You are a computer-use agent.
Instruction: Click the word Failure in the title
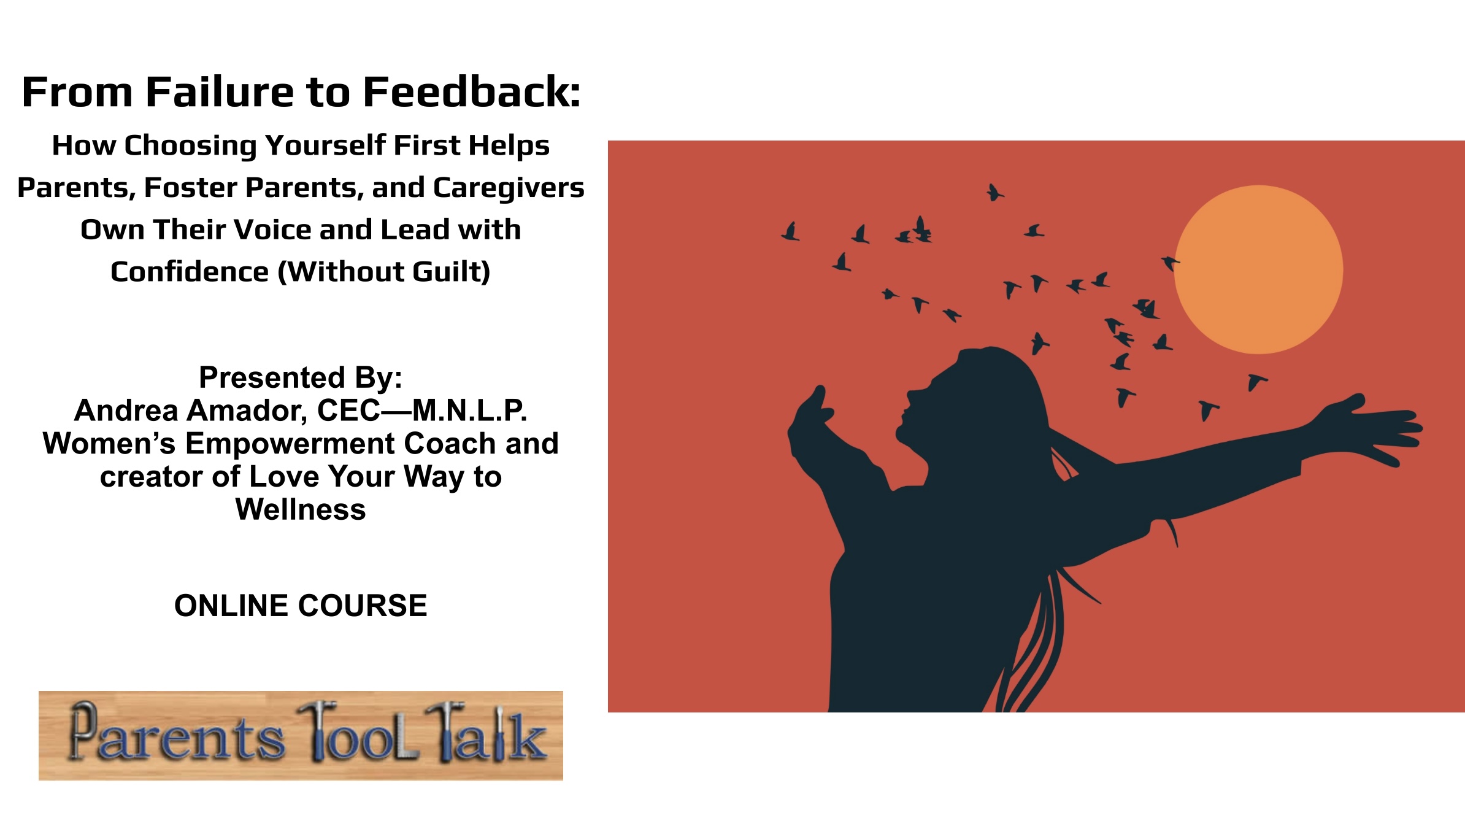[x=220, y=92]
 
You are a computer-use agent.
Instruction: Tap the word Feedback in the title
[x=472, y=92]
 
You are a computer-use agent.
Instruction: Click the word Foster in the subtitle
[x=190, y=188]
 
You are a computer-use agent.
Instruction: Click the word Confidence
[x=190, y=271]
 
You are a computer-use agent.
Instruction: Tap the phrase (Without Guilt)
[x=385, y=272]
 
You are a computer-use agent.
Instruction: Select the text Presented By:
[x=301, y=377]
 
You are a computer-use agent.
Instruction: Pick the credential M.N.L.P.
[x=469, y=411]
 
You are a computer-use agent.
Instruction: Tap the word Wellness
[x=301, y=509]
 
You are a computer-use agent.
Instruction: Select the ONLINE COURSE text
[x=301, y=606]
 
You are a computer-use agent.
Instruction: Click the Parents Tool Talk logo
[x=301, y=736]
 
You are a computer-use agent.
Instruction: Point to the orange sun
[x=1258, y=269]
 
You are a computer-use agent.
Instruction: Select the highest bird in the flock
[x=994, y=193]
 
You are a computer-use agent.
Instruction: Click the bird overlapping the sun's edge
[x=1171, y=263]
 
